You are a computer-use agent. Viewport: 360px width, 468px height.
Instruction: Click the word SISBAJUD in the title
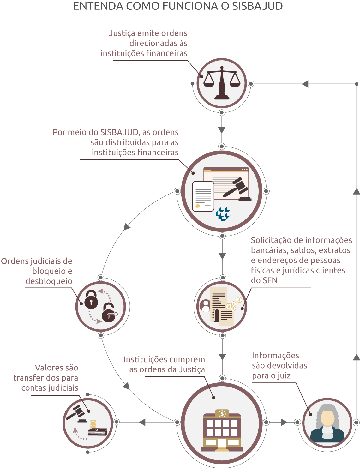coord(257,6)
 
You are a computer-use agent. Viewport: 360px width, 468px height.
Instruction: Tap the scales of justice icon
coord(222,83)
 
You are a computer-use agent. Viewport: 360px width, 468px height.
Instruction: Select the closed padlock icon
coord(91,299)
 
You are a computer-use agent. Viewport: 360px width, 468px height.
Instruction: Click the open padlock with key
coord(109,313)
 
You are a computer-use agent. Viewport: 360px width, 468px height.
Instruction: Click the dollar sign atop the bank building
coord(222,413)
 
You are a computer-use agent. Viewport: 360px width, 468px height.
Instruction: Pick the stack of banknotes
coord(97,432)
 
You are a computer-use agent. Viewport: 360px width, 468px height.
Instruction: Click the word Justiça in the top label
coord(122,33)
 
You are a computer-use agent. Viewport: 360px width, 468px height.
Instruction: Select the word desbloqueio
coord(49,281)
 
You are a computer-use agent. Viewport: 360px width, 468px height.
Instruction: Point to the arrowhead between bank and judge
coord(284,422)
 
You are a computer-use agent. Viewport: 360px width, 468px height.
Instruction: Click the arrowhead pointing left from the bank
coord(142,422)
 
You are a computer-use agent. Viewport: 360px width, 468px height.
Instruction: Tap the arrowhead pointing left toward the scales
coord(305,84)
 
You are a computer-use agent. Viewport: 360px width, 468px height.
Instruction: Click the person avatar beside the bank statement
coord(205,306)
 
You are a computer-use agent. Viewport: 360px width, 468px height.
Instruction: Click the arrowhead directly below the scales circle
coord(222,130)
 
